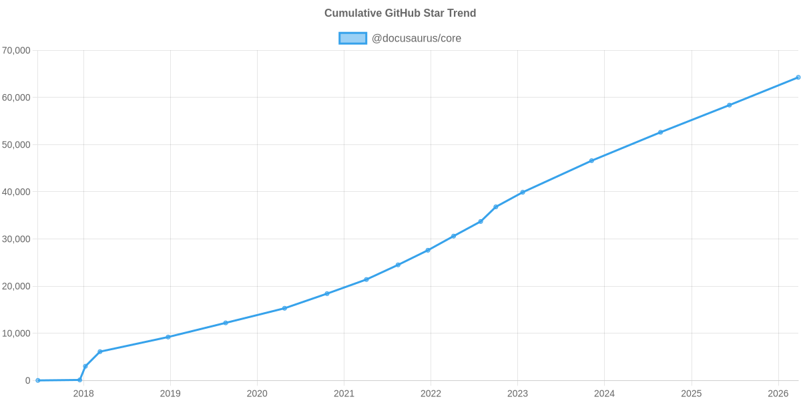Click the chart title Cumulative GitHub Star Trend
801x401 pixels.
click(400, 13)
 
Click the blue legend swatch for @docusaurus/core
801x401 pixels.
click(352, 38)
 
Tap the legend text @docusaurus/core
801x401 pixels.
click(416, 38)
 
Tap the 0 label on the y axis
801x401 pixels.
click(28, 380)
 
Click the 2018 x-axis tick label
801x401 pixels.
click(83, 394)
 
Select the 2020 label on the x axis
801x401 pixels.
click(257, 394)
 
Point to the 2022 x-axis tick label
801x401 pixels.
click(431, 394)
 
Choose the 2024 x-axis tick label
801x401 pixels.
click(604, 394)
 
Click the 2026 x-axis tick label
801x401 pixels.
click(778, 394)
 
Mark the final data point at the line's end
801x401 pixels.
click(798, 78)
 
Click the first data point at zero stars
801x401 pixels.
click(38, 380)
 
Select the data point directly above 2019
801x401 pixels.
click(168, 337)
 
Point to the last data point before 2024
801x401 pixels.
click(591, 160)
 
